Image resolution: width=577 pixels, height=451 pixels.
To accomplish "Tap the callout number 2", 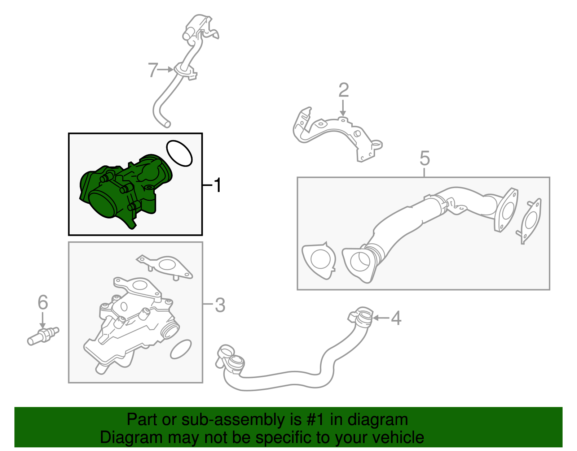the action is [x=344, y=90].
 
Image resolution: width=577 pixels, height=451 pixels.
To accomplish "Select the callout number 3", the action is [x=220, y=305].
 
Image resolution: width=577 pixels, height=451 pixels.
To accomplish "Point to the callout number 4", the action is [x=396, y=318].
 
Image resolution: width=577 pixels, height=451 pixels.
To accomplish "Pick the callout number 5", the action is [x=424, y=158].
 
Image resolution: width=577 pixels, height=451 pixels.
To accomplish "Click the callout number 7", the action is [x=153, y=70].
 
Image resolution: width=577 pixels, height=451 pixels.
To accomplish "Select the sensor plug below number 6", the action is [x=43, y=337].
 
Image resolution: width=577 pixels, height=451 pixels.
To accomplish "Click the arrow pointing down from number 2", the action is [x=343, y=108].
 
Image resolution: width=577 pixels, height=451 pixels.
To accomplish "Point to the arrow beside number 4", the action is [x=381, y=318].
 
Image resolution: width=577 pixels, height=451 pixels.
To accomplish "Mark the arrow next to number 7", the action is [x=165, y=70].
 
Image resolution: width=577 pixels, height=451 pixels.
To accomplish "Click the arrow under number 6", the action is [x=43, y=321].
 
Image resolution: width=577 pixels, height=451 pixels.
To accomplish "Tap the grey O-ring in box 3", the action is [x=181, y=349].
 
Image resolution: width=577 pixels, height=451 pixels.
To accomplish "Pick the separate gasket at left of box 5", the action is [x=319, y=260].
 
